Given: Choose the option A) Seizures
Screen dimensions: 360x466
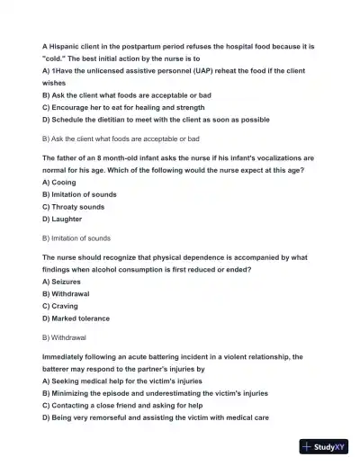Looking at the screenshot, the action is point(68,281).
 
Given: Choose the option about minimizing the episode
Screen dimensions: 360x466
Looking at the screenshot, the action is point(155,393).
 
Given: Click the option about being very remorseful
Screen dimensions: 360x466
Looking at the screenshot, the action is point(156,418).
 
